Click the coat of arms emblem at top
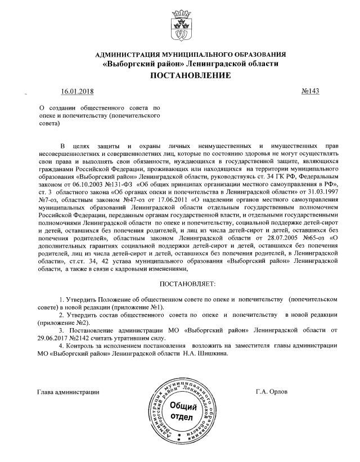[x=179, y=25]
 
